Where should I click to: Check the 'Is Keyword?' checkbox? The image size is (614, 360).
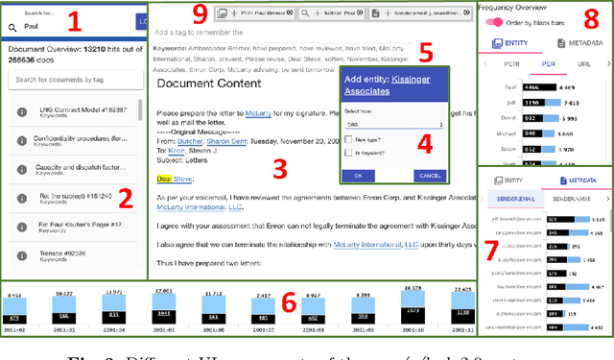350,154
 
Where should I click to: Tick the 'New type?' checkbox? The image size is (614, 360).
350,139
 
